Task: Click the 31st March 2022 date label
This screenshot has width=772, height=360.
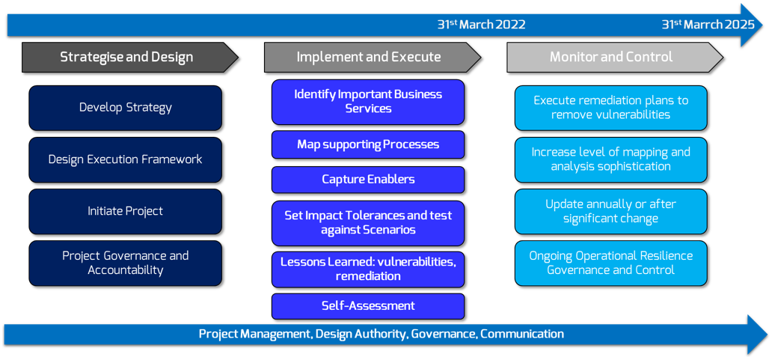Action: pyautogui.click(x=482, y=25)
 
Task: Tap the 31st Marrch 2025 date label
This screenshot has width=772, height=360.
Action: pyautogui.click(x=708, y=25)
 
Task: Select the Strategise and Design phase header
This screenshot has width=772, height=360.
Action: pyautogui.click(x=130, y=57)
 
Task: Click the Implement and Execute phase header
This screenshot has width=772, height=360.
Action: pyautogui.click(x=373, y=57)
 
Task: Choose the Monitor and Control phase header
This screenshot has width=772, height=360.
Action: pyautogui.click(x=615, y=57)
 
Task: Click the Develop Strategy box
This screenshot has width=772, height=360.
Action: pyautogui.click(x=126, y=108)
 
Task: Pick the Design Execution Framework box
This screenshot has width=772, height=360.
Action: pyautogui.click(x=126, y=159)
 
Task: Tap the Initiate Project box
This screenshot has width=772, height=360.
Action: pyautogui.click(x=126, y=211)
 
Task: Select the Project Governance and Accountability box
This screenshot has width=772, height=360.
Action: pyautogui.click(x=126, y=263)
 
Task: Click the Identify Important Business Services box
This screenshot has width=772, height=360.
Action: pyautogui.click(x=368, y=102)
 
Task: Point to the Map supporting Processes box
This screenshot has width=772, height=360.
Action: pyautogui.click(x=368, y=144)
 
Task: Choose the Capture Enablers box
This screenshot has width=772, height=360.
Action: pyautogui.click(x=368, y=180)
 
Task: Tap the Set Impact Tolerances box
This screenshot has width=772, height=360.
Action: pyautogui.click(x=368, y=223)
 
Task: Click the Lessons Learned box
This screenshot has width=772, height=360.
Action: pyautogui.click(x=368, y=269)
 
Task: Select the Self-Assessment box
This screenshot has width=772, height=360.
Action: pyautogui.click(x=368, y=306)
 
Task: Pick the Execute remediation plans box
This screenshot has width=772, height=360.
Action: pyautogui.click(x=611, y=108)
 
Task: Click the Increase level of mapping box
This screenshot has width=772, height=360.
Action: pyautogui.click(x=611, y=159)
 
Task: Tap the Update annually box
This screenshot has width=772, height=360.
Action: pyautogui.click(x=611, y=211)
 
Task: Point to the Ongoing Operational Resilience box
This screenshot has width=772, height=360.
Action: pyautogui.click(x=611, y=263)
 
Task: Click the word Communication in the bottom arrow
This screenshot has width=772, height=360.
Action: pyautogui.click(x=522, y=334)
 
